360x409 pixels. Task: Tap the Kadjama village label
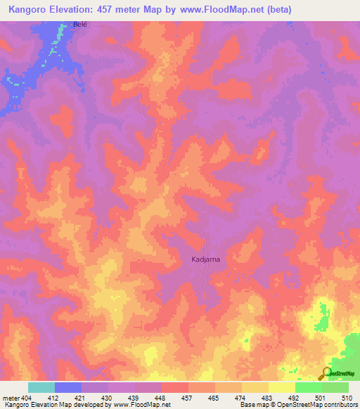coord(205,259)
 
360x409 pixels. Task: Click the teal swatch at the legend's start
coord(41,387)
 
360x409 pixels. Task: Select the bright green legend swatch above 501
coord(308,387)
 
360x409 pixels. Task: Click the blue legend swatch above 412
coord(68,387)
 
